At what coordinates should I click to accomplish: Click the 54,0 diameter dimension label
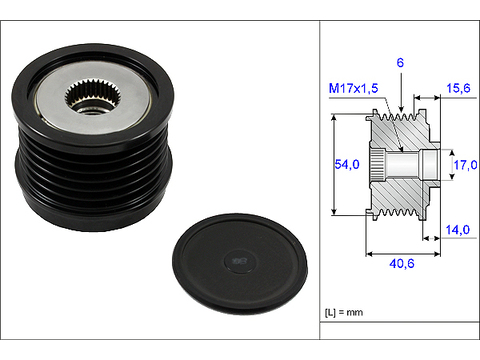347,164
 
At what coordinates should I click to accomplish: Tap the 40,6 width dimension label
402,264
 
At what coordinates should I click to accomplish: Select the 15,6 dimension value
458,88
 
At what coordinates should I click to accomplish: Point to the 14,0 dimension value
458,230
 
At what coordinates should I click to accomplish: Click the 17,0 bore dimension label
466,165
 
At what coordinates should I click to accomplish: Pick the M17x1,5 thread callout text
353,88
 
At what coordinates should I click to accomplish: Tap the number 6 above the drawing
400,62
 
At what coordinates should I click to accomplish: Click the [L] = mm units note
344,313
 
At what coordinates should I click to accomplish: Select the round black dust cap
240,264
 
